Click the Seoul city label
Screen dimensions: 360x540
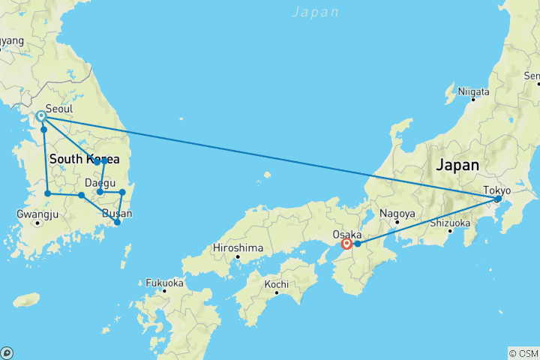pos(59,108)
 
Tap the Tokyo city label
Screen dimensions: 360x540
pos(496,190)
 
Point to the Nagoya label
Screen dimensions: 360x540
pos(397,214)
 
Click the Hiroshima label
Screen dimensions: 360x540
pos(238,247)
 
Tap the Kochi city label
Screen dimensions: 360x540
pos(277,285)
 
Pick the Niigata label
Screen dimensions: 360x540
pos(474,92)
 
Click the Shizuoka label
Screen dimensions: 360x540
pos(449,223)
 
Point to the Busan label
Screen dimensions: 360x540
pos(117,214)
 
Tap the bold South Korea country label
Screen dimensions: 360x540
pos(84,160)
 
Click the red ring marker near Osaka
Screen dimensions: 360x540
pos(346,244)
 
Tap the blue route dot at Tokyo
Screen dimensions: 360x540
pos(498,199)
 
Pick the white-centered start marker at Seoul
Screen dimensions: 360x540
pos(41,116)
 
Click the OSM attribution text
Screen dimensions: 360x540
pos(523,352)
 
